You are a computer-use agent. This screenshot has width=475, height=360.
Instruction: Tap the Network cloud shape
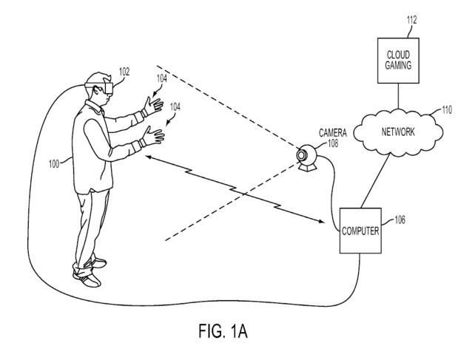pos(398,132)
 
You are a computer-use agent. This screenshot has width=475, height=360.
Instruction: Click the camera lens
pos(301,155)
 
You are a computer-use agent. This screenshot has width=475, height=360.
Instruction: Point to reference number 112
pos(411,20)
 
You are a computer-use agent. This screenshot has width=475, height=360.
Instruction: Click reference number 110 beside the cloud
pos(447,109)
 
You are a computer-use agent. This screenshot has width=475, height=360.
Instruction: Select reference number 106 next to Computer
pos(400,220)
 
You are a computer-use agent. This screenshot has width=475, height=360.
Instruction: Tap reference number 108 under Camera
pos(333,143)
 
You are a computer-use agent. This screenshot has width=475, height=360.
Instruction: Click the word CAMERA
pos(333,133)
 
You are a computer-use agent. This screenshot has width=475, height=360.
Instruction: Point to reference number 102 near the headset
pos(124,72)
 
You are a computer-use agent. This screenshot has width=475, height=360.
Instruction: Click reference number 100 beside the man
pos(54,164)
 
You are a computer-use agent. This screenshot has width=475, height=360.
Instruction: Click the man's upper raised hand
pos(154,106)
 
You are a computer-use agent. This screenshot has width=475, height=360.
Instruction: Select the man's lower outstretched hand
pos(154,135)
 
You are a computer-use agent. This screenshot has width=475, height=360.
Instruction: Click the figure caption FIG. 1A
pos(223,330)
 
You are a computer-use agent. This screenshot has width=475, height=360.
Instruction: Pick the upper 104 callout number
pos(162,78)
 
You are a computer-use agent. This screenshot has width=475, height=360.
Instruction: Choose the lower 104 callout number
pos(175,107)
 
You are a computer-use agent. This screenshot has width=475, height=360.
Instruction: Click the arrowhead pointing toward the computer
pos(321,221)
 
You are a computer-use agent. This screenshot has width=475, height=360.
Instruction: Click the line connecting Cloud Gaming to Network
pos(398,96)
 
